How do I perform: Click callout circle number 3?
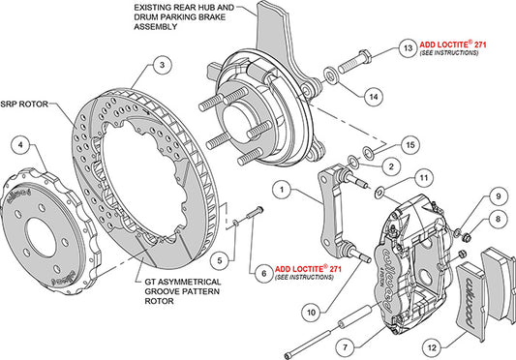click(x=164, y=65)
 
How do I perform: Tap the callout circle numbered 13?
click(x=408, y=46)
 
